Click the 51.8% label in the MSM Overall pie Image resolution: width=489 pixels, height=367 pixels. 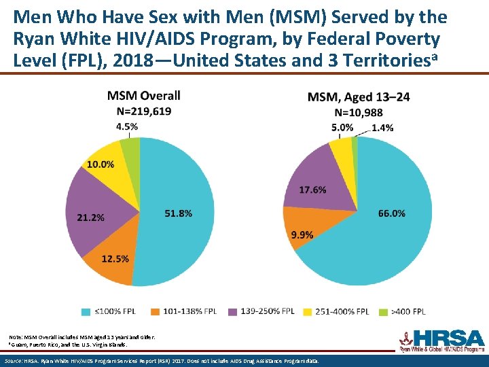(178, 213)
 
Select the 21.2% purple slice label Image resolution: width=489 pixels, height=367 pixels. (90, 217)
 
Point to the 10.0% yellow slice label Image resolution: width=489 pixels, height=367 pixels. (100, 164)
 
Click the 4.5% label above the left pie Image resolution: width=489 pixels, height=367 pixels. (127, 126)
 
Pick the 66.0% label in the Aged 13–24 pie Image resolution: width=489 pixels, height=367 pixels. (391, 213)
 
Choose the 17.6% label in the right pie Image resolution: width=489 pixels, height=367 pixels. (312, 189)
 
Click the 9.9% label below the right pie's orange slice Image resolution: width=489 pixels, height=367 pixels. (302, 235)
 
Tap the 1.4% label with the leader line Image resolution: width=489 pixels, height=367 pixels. (382, 127)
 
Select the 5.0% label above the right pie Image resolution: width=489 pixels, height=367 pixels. (342, 127)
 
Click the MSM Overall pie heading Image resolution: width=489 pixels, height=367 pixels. (143, 95)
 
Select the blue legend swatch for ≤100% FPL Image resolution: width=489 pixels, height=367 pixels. (86, 311)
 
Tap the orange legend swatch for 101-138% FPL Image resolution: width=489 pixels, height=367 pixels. (155, 311)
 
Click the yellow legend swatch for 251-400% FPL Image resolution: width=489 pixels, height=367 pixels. (307, 311)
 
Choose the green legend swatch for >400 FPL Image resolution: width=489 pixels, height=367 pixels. (382, 311)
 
